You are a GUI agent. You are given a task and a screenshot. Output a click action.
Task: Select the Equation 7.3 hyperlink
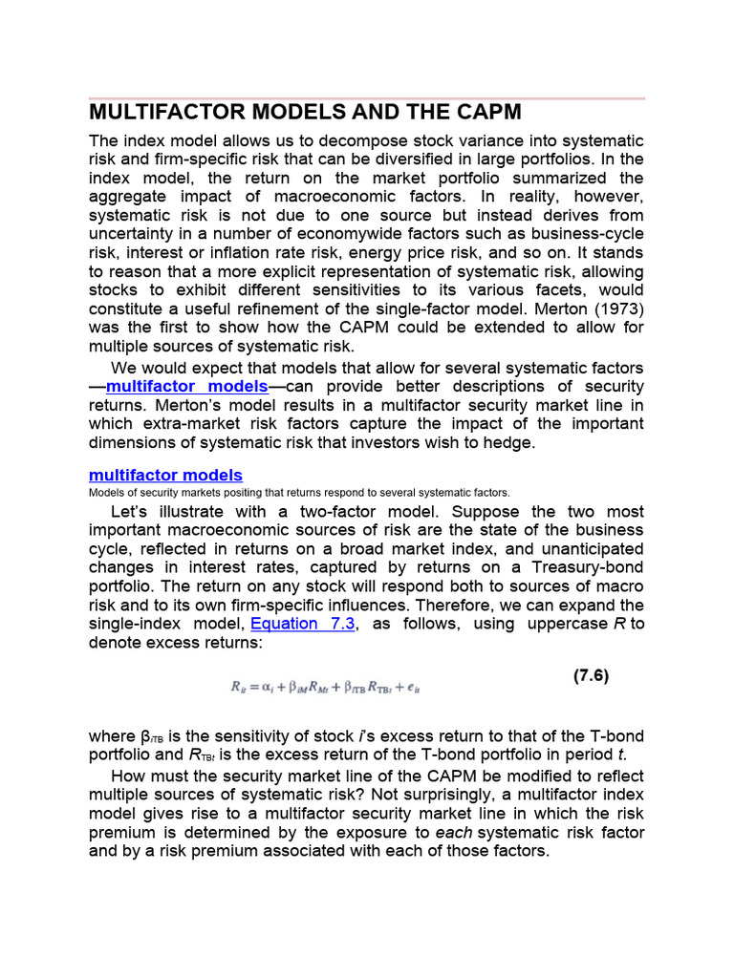click(296, 624)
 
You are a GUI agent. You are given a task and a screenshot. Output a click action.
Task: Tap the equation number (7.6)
click(591, 675)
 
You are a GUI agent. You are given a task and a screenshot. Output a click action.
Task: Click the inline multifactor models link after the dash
click(186, 386)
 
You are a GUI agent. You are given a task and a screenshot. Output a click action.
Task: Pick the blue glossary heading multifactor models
click(165, 475)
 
